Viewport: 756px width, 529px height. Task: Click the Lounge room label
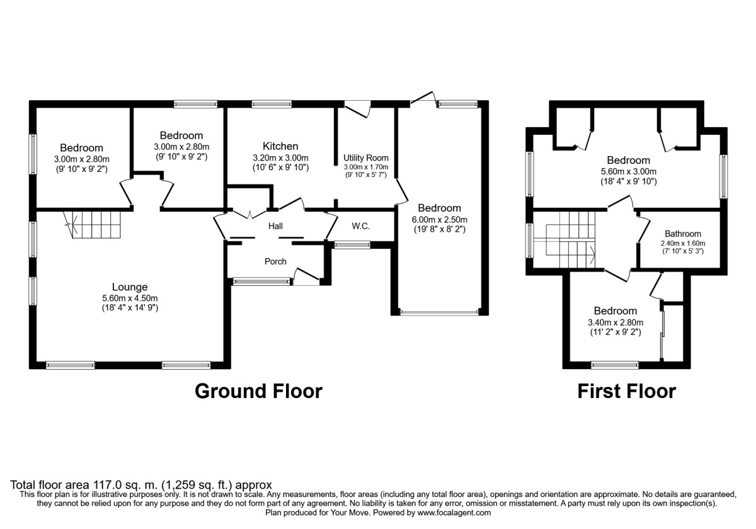pos(130,287)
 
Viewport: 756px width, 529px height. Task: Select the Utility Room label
pos(366,157)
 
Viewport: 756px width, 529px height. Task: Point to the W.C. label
pos(360,225)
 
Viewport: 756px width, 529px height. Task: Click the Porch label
pos(275,261)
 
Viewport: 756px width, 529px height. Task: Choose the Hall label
pos(276,225)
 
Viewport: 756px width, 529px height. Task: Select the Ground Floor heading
pos(258,391)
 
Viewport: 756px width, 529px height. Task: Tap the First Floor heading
pos(626,391)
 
